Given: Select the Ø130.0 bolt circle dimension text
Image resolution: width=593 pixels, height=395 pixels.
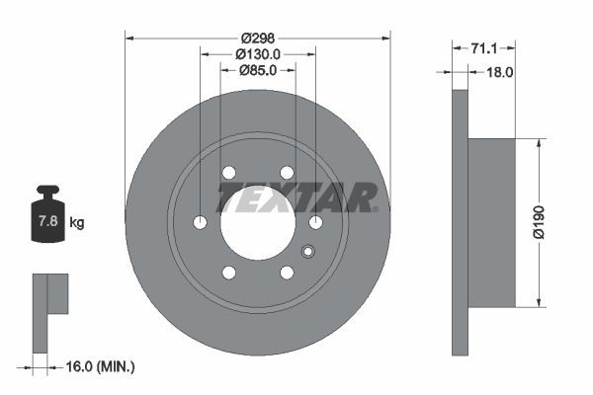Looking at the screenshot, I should click(x=259, y=53).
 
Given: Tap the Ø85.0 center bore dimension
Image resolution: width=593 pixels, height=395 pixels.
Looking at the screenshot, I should click(x=258, y=69).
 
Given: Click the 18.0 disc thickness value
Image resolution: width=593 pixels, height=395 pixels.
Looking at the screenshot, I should click(x=500, y=71).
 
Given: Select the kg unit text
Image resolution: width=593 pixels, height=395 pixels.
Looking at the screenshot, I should click(x=77, y=223).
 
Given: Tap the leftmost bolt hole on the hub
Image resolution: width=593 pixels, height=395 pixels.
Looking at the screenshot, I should click(x=200, y=222).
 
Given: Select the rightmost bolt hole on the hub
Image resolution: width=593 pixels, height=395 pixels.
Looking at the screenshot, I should click(x=316, y=222).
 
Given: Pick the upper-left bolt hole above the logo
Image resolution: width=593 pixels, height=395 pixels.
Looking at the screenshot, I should click(x=228, y=172).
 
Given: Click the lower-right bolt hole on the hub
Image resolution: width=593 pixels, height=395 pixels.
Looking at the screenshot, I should click(x=288, y=273).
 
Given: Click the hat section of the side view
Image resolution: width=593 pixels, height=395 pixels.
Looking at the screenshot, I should click(x=491, y=222).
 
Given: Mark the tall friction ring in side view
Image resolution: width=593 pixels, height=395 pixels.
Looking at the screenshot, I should click(x=459, y=222).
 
